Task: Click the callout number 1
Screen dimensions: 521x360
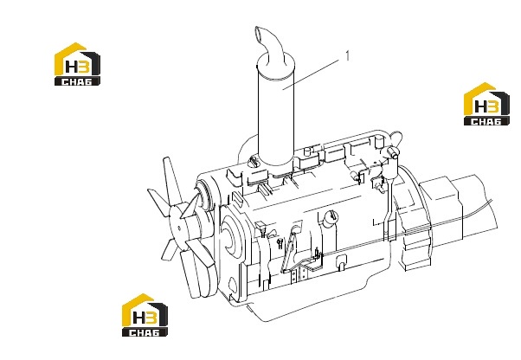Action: pos(347,55)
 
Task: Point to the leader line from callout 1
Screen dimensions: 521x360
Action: pos(311,74)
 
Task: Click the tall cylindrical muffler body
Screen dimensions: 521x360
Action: pos(276,112)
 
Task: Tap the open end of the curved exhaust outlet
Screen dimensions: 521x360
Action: pos(260,32)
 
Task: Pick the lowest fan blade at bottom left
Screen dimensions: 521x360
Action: pos(169,250)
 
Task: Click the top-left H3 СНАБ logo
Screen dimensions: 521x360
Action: pos(77,64)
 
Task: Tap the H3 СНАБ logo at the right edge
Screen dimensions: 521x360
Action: pos(486,104)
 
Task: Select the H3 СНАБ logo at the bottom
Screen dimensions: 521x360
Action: pos(145,315)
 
